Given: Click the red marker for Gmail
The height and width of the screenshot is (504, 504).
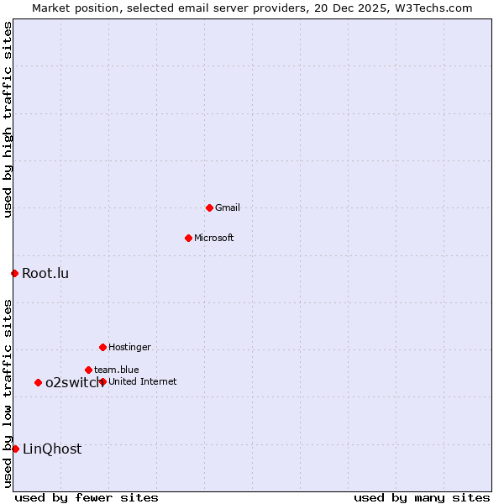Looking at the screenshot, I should pyautogui.click(x=209, y=207).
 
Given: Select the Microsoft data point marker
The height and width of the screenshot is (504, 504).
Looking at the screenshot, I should pyautogui.click(x=188, y=238).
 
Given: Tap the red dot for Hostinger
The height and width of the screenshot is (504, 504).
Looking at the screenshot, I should pyautogui.click(x=102, y=347).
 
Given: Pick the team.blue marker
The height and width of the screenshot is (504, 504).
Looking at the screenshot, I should pyautogui.click(x=88, y=370).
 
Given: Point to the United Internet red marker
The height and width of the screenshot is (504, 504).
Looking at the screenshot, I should pyautogui.click(x=102, y=381).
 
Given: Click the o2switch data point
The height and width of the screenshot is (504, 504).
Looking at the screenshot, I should pyautogui.click(x=38, y=382).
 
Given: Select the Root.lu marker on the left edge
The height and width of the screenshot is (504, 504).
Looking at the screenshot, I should pyautogui.click(x=14, y=273).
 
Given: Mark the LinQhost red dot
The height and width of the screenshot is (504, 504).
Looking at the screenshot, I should pyautogui.click(x=15, y=449).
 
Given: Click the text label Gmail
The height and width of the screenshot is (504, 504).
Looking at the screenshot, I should pyautogui.click(x=227, y=207).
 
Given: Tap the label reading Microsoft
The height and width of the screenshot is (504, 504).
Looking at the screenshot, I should pyautogui.click(x=213, y=238).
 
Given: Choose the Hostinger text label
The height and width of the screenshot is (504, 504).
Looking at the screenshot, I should pyautogui.click(x=129, y=347).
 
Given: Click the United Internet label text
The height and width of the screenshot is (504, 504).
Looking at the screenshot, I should pyautogui.click(x=142, y=381).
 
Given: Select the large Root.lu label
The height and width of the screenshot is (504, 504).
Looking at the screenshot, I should pyautogui.click(x=45, y=273).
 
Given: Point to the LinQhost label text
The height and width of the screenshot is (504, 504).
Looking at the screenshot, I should pyautogui.click(x=52, y=449).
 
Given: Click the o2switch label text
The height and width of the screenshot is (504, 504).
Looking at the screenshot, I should pyautogui.click(x=74, y=382).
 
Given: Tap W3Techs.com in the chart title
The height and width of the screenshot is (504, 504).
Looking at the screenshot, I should pyautogui.click(x=433, y=8).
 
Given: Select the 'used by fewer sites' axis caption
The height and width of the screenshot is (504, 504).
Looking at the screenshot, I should pyautogui.click(x=87, y=497).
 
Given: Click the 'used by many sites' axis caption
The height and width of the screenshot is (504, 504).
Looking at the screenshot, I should pyautogui.click(x=422, y=497).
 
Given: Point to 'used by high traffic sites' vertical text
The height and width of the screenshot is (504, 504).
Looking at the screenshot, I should pyautogui.click(x=8, y=119).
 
